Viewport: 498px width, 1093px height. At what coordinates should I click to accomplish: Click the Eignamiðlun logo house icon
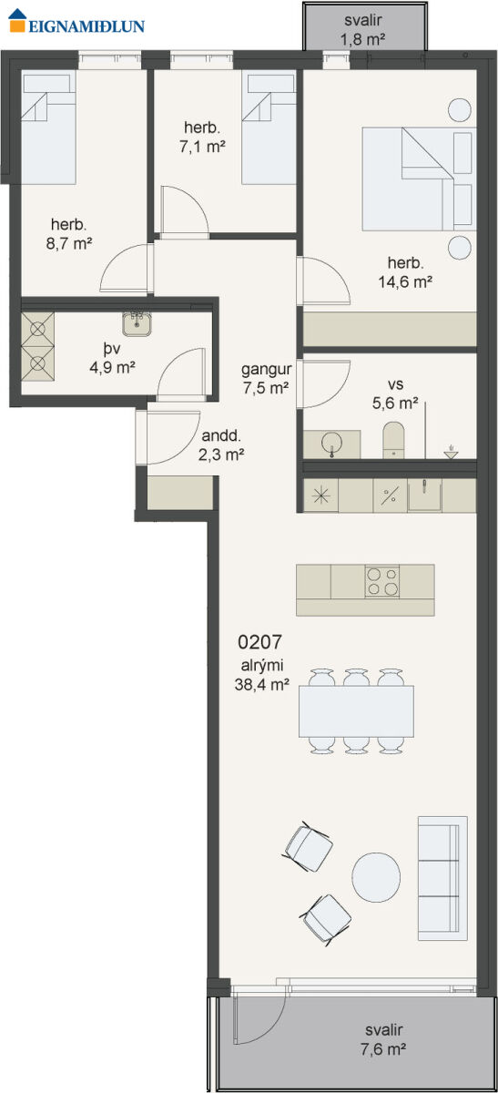click(x=17, y=20)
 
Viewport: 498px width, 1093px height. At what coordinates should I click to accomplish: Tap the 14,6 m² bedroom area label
click(x=405, y=272)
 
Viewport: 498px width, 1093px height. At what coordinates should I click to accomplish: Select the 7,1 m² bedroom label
click(x=202, y=138)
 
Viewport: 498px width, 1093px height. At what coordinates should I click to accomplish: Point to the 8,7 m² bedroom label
click(x=69, y=234)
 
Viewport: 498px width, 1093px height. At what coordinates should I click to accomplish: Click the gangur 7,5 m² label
click(x=267, y=379)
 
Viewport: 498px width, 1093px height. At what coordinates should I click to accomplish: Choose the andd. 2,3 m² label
click(x=221, y=445)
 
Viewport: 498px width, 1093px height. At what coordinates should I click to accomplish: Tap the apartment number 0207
click(x=259, y=641)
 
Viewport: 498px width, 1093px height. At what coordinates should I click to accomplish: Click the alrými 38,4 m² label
click(x=262, y=675)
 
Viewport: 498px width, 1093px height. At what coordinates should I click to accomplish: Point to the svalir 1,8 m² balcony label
click(x=363, y=29)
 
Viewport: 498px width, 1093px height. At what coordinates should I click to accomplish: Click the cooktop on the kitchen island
click(x=382, y=582)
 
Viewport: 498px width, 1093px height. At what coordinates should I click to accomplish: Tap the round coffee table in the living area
click(x=376, y=877)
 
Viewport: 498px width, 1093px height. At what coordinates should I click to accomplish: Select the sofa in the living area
click(x=442, y=878)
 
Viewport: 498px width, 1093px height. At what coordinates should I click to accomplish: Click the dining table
click(x=356, y=711)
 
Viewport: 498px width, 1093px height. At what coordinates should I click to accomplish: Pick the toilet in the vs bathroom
click(x=393, y=440)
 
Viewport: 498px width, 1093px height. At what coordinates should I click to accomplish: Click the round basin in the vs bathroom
click(x=332, y=443)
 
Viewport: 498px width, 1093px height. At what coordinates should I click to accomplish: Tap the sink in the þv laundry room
click(x=137, y=323)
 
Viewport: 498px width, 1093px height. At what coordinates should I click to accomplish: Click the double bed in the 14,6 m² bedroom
click(x=419, y=179)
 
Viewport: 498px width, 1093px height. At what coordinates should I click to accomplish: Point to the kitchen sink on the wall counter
click(x=424, y=495)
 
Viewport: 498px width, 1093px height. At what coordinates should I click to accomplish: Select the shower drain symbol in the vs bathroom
click(x=452, y=453)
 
